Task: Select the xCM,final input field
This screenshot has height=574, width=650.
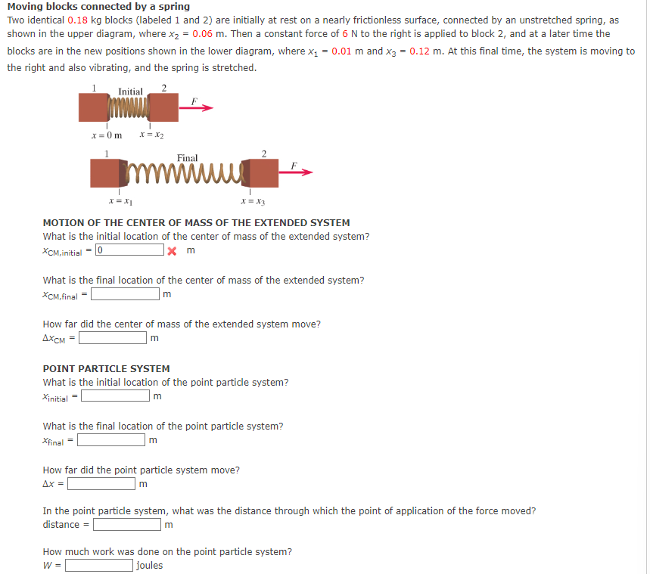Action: [x=125, y=294]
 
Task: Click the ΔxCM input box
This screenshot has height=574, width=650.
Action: [x=113, y=338]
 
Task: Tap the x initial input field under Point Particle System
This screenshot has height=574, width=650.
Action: [x=115, y=396]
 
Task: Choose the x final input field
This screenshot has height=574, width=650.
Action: [x=113, y=440]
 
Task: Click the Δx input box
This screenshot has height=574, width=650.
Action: [x=101, y=483]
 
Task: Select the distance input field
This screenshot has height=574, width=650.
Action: [x=126, y=524]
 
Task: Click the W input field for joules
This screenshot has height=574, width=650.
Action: [x=99, y=565]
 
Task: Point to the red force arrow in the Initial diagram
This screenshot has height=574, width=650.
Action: [x=196, y=108]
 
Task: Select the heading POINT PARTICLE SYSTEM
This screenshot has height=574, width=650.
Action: [x=106, y=368]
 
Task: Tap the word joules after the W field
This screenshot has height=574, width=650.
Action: [x=150, y=565]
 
